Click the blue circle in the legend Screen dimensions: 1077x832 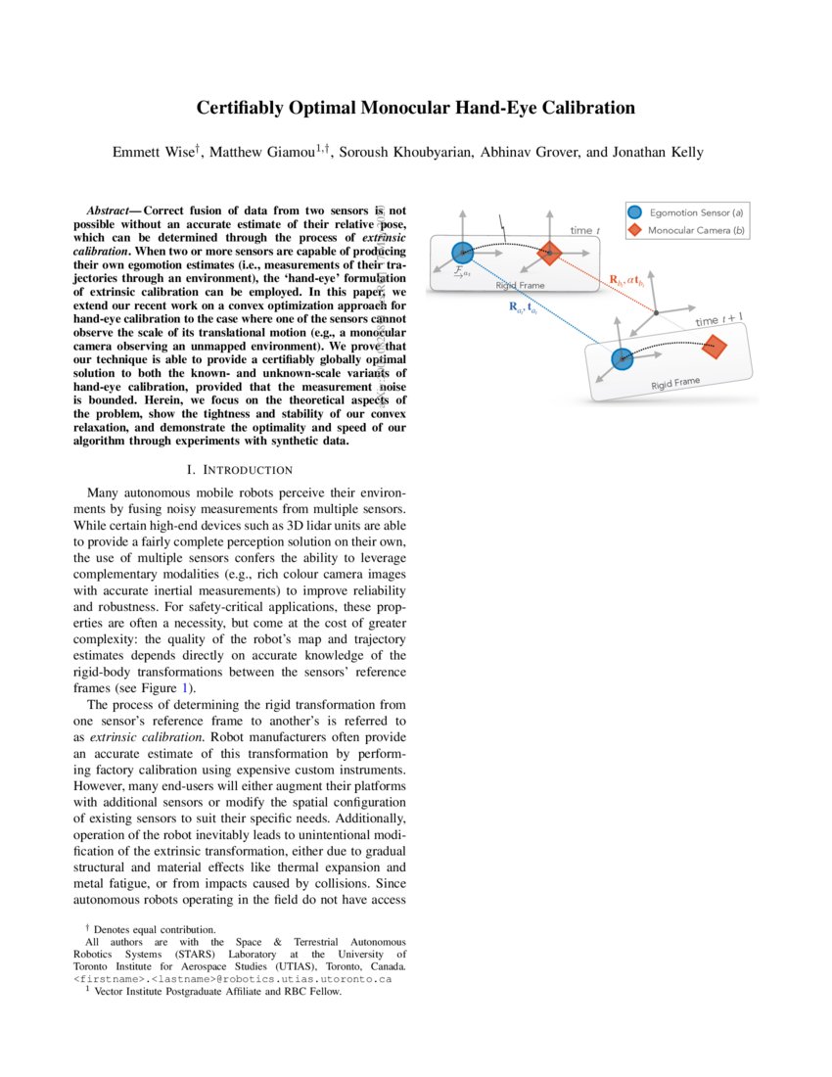pos(634,212)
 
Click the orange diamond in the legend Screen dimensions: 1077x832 pos(634,230)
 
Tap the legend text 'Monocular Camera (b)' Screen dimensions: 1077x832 pos(697,230)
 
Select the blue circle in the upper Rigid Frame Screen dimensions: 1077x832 pos(463,253)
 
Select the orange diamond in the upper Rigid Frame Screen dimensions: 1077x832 pos(550,253)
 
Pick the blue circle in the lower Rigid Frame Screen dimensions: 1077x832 pos(621,358)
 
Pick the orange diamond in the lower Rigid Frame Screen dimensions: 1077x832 pos(714,346)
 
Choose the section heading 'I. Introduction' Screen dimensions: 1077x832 pos(239,470)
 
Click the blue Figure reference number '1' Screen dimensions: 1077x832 pos(191,688)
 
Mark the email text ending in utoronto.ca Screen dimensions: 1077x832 pos(233,977)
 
